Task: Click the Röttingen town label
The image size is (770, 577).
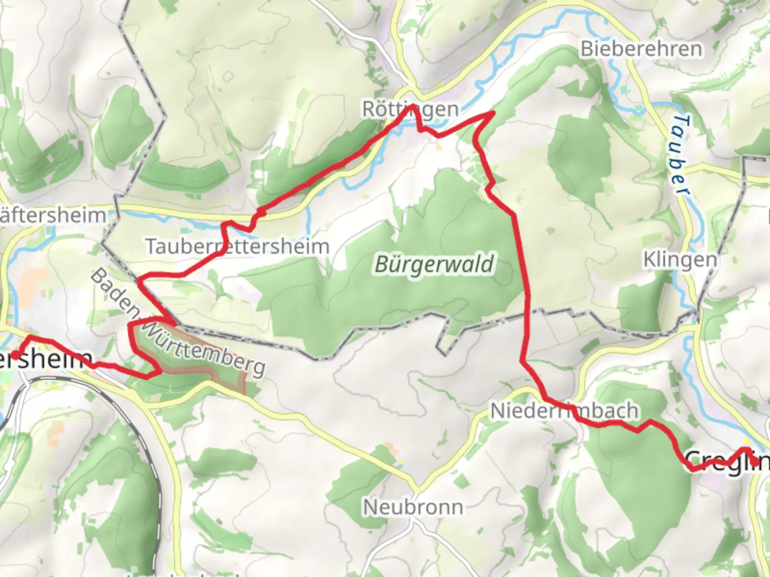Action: pos(410,110)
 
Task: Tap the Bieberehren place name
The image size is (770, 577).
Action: pos(641,49)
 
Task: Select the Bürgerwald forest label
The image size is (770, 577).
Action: pos(434,264)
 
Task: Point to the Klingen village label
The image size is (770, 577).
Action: pos(680,260)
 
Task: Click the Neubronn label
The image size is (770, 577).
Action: pos(413,506)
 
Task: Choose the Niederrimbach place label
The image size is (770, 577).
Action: pos(564,411)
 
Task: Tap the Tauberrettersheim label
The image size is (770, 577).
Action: pos(237,247)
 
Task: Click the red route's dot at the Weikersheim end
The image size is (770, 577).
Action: pos(16,355)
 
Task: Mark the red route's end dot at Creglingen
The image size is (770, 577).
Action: pos(754,461)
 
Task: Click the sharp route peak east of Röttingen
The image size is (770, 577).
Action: pos(492,113)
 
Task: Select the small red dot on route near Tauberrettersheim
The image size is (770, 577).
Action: pos(261,213)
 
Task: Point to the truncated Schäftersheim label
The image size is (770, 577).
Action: pos(53,215)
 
